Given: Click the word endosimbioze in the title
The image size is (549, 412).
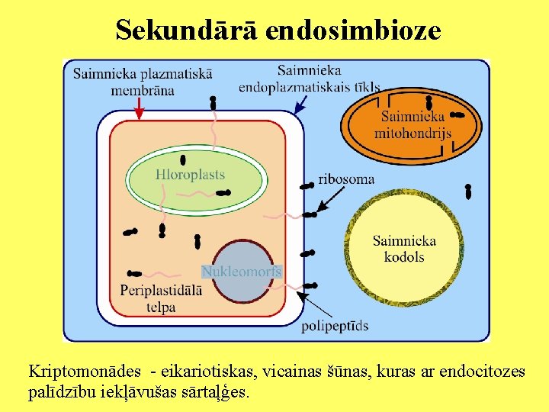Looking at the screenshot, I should pos(355,30).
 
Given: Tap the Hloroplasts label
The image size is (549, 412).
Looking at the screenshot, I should pos(190,175).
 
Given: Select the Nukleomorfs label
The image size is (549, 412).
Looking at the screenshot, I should pos(242,271).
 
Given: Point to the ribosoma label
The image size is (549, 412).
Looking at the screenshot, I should pos(346,179).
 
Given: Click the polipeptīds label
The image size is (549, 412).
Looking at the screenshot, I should pos(335,326).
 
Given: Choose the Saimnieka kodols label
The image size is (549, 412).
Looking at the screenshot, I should pos(404,249).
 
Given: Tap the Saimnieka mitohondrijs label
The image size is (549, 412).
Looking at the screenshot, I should pos(413,124).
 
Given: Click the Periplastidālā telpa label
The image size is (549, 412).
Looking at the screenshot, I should pos(160,298).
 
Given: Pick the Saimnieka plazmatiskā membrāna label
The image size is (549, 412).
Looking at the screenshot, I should pos(143,82).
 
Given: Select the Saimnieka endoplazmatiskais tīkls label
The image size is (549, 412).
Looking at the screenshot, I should pos(309,79).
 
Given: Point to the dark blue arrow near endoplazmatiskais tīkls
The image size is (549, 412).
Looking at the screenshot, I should pos(301,105).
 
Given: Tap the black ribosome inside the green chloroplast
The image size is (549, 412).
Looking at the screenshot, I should pos(183,159).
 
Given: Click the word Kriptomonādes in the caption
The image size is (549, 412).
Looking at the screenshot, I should pos(85,372).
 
